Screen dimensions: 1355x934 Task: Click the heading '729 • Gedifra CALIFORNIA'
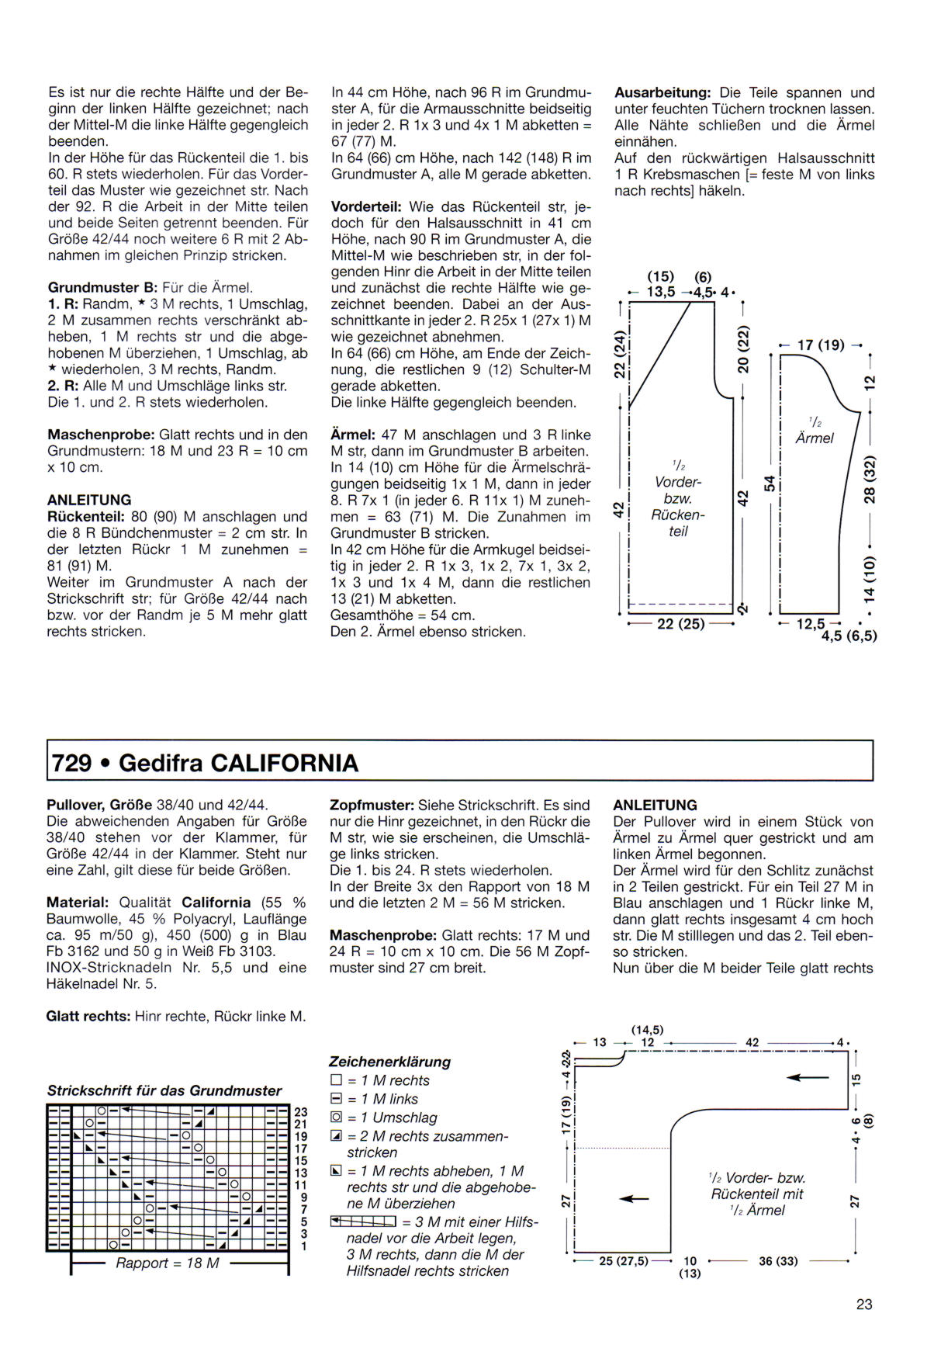pos(205,763)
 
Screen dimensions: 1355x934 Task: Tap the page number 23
pos(864,1304)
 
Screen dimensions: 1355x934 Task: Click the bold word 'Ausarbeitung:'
pos(662,92)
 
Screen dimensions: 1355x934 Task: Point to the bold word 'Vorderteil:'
pos(366,207)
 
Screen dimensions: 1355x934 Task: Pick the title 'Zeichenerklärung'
pos(389,1062)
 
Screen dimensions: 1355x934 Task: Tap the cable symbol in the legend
pos(363,1222)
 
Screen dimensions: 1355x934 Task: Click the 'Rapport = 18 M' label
pos(168,1263)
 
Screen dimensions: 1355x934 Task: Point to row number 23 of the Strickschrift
pos(301,1112)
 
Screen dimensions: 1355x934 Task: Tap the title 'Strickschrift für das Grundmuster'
pos(164,1090)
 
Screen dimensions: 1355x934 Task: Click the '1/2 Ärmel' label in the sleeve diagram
pos(815,431)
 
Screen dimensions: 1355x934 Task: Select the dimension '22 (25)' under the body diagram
pos(680,623)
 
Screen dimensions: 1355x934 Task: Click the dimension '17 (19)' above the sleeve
pos(821,345)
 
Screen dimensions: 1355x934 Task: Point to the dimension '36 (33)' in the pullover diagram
pos(778,1261)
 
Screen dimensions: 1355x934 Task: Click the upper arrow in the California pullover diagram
pos(808,1077)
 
